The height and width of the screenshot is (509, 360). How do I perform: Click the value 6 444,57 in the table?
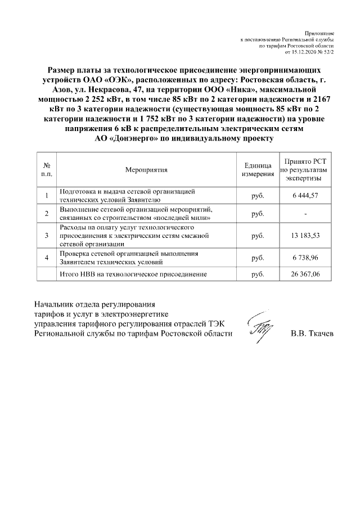pyautogui.click(x=305, y=195)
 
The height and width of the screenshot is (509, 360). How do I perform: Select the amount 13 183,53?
pyautogui.click(x=305, y=235)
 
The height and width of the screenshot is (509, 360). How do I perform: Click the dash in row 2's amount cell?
pyautogui.click(x=305, y=214)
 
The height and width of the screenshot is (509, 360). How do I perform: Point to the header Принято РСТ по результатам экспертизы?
pyautogui.click(x=305, y=169)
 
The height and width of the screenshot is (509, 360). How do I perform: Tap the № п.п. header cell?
pyautogui.click(x=47, y=169)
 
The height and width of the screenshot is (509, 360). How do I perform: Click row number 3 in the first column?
pyautogui.click(x=47, y=235)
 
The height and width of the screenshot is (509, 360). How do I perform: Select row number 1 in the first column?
pyautogui.click(x=47, y=195)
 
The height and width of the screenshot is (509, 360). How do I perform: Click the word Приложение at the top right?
pyautogui.click(x=320, y=34)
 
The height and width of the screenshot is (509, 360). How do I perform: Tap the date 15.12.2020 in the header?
pyautogui.click(x=305, y=52)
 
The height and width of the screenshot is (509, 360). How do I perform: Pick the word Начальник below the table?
pyautogui.click(x=57, y=305)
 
